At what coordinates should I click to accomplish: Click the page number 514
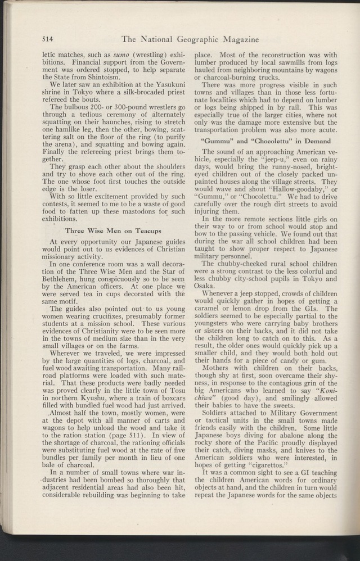pyautogui.click(x=47, y=39)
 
